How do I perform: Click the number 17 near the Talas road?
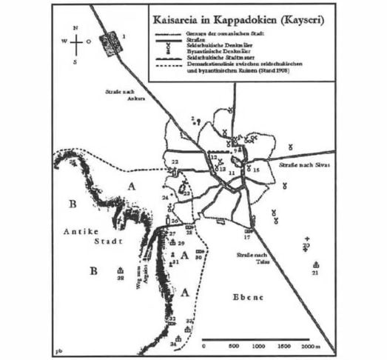[247, 238]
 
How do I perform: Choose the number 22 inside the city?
[175, 161]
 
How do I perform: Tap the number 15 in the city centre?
[257, 170]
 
